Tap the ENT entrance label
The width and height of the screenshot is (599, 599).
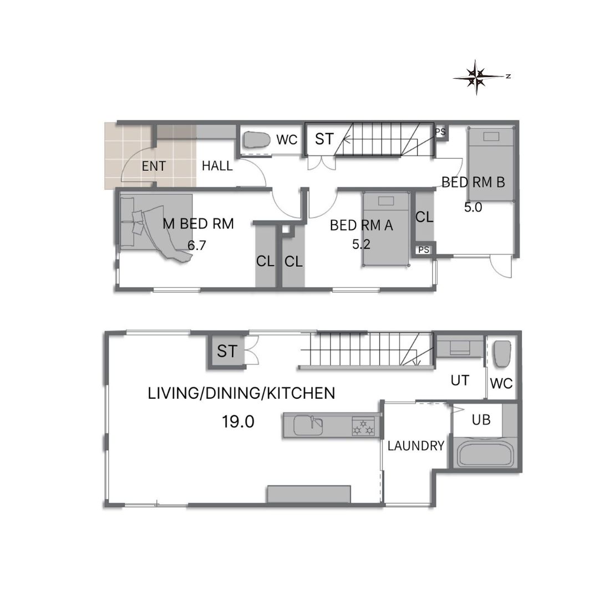coord(154,166)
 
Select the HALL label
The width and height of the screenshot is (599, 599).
coord(217,166)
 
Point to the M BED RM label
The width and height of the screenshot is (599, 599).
coord(198,224)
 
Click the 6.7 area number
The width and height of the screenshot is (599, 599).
coord(197,245)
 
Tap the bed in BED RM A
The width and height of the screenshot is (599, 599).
coord(385,229)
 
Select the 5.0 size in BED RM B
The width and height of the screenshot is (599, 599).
coord(473,207)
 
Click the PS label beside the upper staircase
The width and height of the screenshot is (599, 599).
coord(440,132)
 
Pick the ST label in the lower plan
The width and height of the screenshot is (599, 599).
coord(227,351)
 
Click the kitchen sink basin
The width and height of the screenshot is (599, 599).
coord(308,425)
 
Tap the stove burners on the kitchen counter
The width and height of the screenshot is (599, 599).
coord(363,427)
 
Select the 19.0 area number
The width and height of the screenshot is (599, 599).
coord(238,422)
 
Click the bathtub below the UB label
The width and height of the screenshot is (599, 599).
coord(485,453)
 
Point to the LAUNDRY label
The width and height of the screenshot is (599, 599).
coord(415,446)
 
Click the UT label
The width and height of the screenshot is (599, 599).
coord(460,380)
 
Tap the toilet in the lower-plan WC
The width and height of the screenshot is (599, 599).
coord(502,354)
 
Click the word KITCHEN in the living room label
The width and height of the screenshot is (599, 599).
coord(301,393)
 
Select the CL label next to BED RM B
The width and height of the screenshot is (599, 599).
coord(424,217)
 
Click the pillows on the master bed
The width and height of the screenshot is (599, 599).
coord(137,221)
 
